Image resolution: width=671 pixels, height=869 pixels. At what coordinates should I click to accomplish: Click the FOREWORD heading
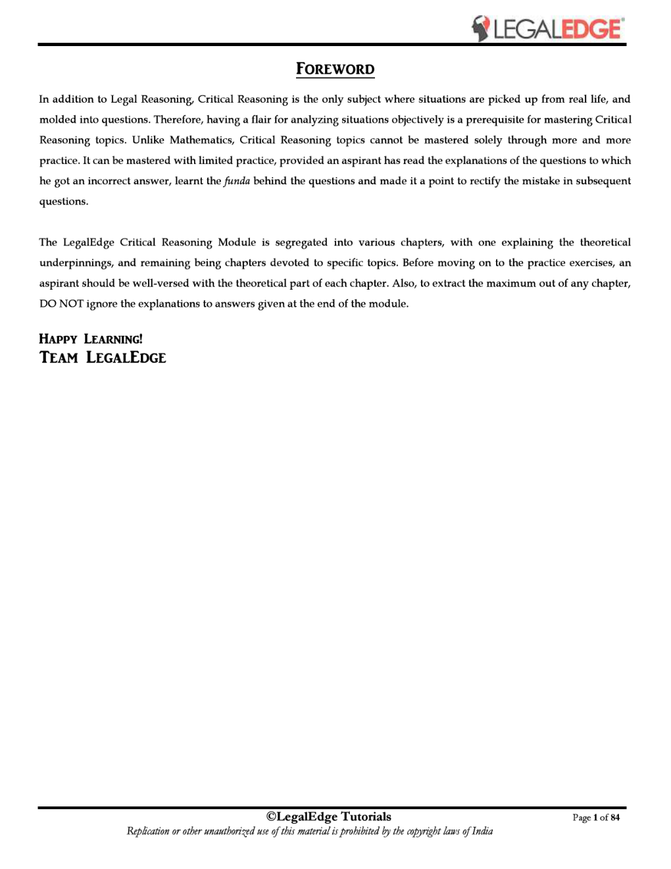[335, 69]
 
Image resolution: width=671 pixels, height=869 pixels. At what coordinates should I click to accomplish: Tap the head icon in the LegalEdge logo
[481, 29]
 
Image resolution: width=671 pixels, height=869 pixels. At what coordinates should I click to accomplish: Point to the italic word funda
[237, 181]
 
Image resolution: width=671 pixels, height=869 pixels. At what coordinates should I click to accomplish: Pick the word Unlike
[148, 140]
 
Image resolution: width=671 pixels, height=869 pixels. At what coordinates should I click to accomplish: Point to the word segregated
[301, 242]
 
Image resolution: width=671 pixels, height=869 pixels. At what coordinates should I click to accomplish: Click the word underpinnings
[76, 263]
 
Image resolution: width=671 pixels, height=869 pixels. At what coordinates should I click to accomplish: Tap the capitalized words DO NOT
[61, 304]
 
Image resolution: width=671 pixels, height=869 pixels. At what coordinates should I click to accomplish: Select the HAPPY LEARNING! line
[91, 339]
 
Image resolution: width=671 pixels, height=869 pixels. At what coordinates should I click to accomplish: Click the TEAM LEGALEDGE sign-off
[103, 357]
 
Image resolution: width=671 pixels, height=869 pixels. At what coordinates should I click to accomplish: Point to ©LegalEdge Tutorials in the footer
[328, 817]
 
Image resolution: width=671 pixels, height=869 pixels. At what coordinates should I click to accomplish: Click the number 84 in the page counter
[615, 818]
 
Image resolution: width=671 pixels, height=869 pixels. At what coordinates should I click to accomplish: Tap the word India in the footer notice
[482, 831]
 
